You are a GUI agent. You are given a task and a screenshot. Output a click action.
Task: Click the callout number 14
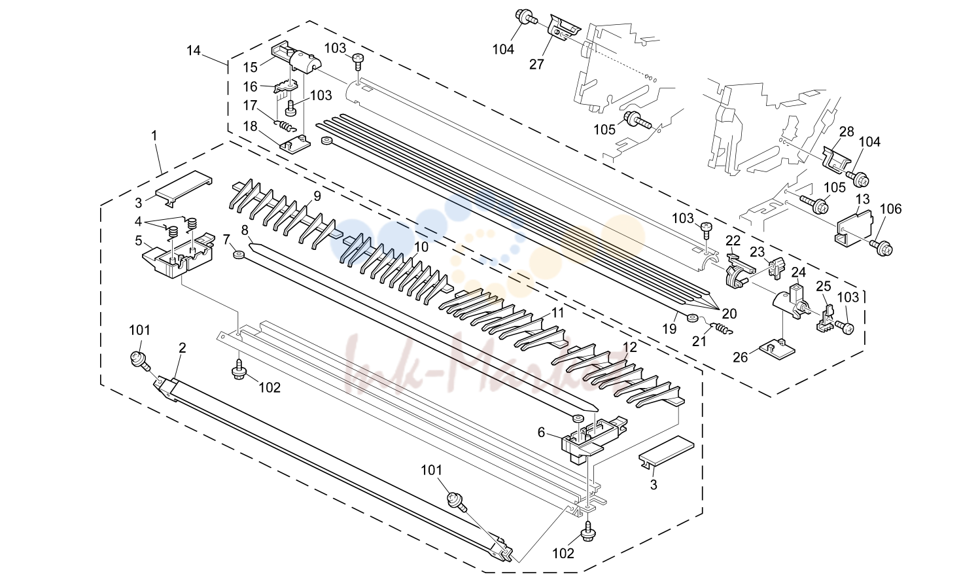(x=194, y=50)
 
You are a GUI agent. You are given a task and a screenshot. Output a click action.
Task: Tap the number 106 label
(x=891, y=209)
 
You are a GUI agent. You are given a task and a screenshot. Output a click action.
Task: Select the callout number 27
(x=536, y=64)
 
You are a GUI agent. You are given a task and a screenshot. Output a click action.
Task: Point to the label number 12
(x=630, y=347)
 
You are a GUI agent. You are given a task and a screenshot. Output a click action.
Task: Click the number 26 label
(x=741, y=358)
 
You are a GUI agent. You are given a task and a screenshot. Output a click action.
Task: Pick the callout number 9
(x=317, y=196)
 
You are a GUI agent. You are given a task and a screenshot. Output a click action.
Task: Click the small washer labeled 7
(x=238, y=255)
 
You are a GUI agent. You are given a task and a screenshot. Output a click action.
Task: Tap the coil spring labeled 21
(x=722, y=328)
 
